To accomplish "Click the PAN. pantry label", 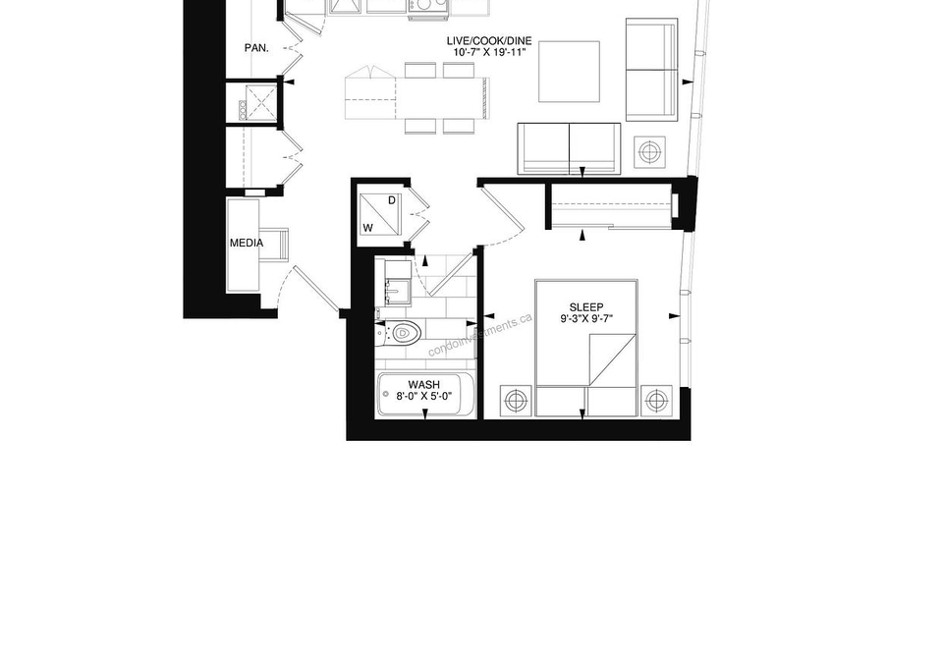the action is (256, 47).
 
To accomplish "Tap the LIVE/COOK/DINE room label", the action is (489, 41).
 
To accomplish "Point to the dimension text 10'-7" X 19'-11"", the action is (489, 52).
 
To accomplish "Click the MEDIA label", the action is (247, 243).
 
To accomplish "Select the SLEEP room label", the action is (586, 307).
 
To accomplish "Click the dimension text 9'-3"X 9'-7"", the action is (586, 319).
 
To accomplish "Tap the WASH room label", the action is (424, 385).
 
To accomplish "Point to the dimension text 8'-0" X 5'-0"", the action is (424, 396).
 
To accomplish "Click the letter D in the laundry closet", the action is (392, 200).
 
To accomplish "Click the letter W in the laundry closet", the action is (368, 228).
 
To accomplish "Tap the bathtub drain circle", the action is (385, 394).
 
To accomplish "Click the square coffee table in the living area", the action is (569, 72).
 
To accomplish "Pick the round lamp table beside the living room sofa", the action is (649, 152).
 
